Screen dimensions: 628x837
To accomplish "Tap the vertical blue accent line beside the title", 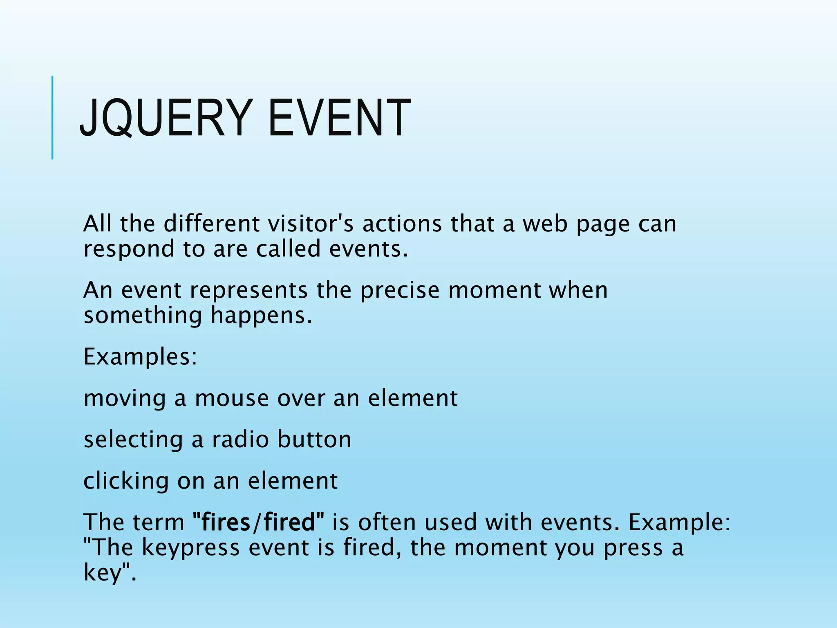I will click(x=52, y=118).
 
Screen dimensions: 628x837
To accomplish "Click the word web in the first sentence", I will click(x=545, y=224).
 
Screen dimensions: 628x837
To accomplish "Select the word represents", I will click(x=248, y=290).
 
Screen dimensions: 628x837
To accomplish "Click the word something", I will click(x=143, y=316).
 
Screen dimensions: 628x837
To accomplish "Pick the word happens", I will click(x=261, y=316).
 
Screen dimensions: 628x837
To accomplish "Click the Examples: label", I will click(x=140, y=357).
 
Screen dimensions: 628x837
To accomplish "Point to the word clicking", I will click(x=126, y=481).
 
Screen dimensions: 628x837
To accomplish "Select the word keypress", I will click(x=190, y=548).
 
